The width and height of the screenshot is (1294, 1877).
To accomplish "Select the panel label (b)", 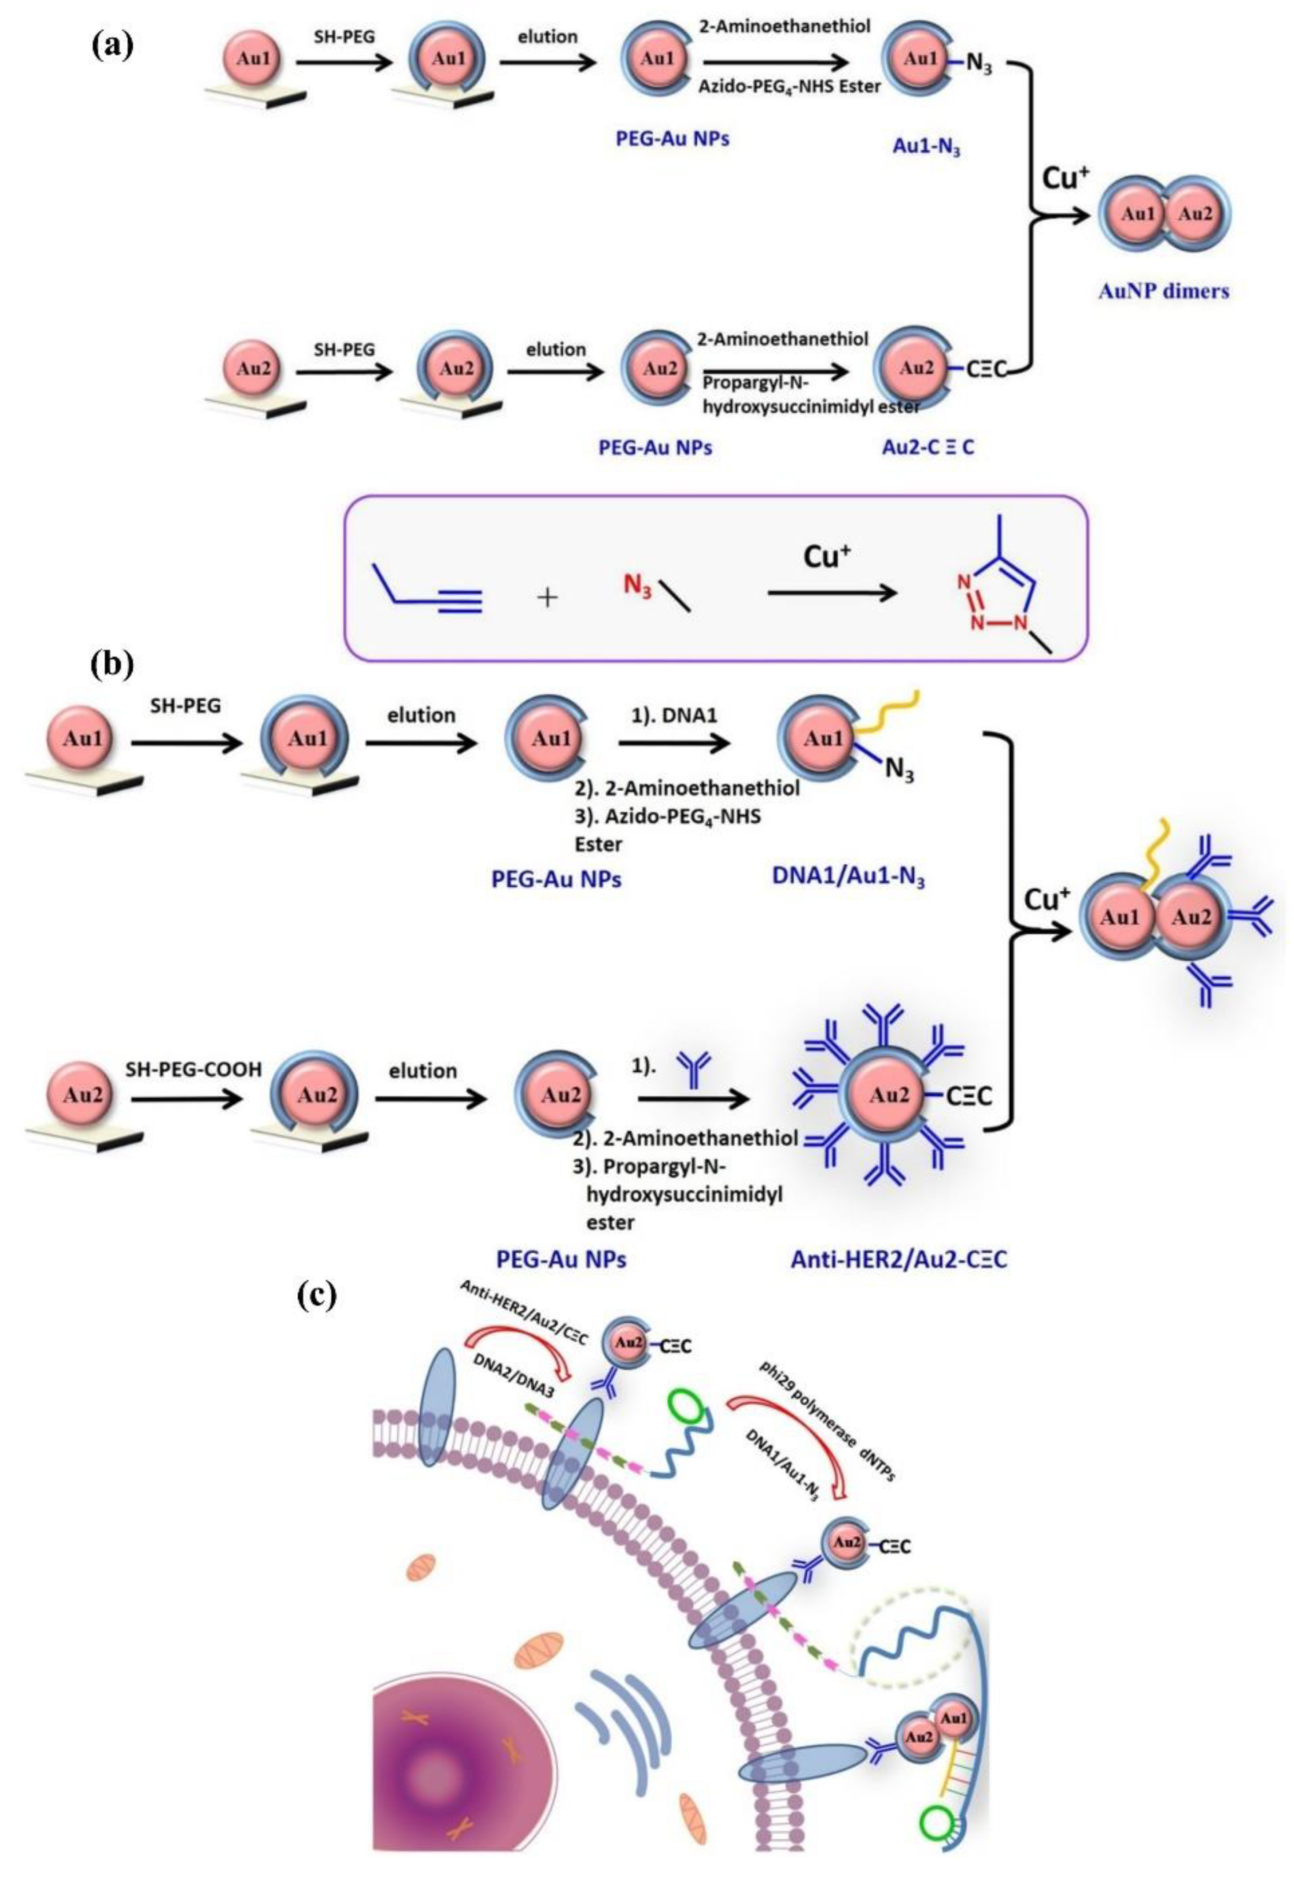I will click(112, 663).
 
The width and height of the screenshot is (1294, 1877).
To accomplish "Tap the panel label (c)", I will click(316, 1295).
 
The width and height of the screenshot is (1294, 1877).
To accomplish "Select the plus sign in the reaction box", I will click(548, 598).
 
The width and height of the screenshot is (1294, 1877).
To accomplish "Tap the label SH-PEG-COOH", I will click(193, 1070).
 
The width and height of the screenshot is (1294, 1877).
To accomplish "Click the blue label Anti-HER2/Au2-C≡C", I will click(898, 1259).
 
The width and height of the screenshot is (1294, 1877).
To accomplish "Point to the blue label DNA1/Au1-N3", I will click(849, 878).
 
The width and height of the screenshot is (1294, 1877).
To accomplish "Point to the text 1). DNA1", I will click(675, 716).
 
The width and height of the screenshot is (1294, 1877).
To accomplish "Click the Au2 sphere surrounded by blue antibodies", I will click(889, 1096).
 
